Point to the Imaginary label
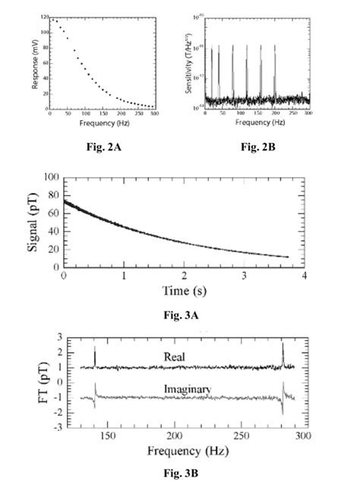[x=172, y=391]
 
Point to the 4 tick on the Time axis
[x=302, y=276]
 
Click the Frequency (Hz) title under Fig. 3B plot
[x=175, y=451]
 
